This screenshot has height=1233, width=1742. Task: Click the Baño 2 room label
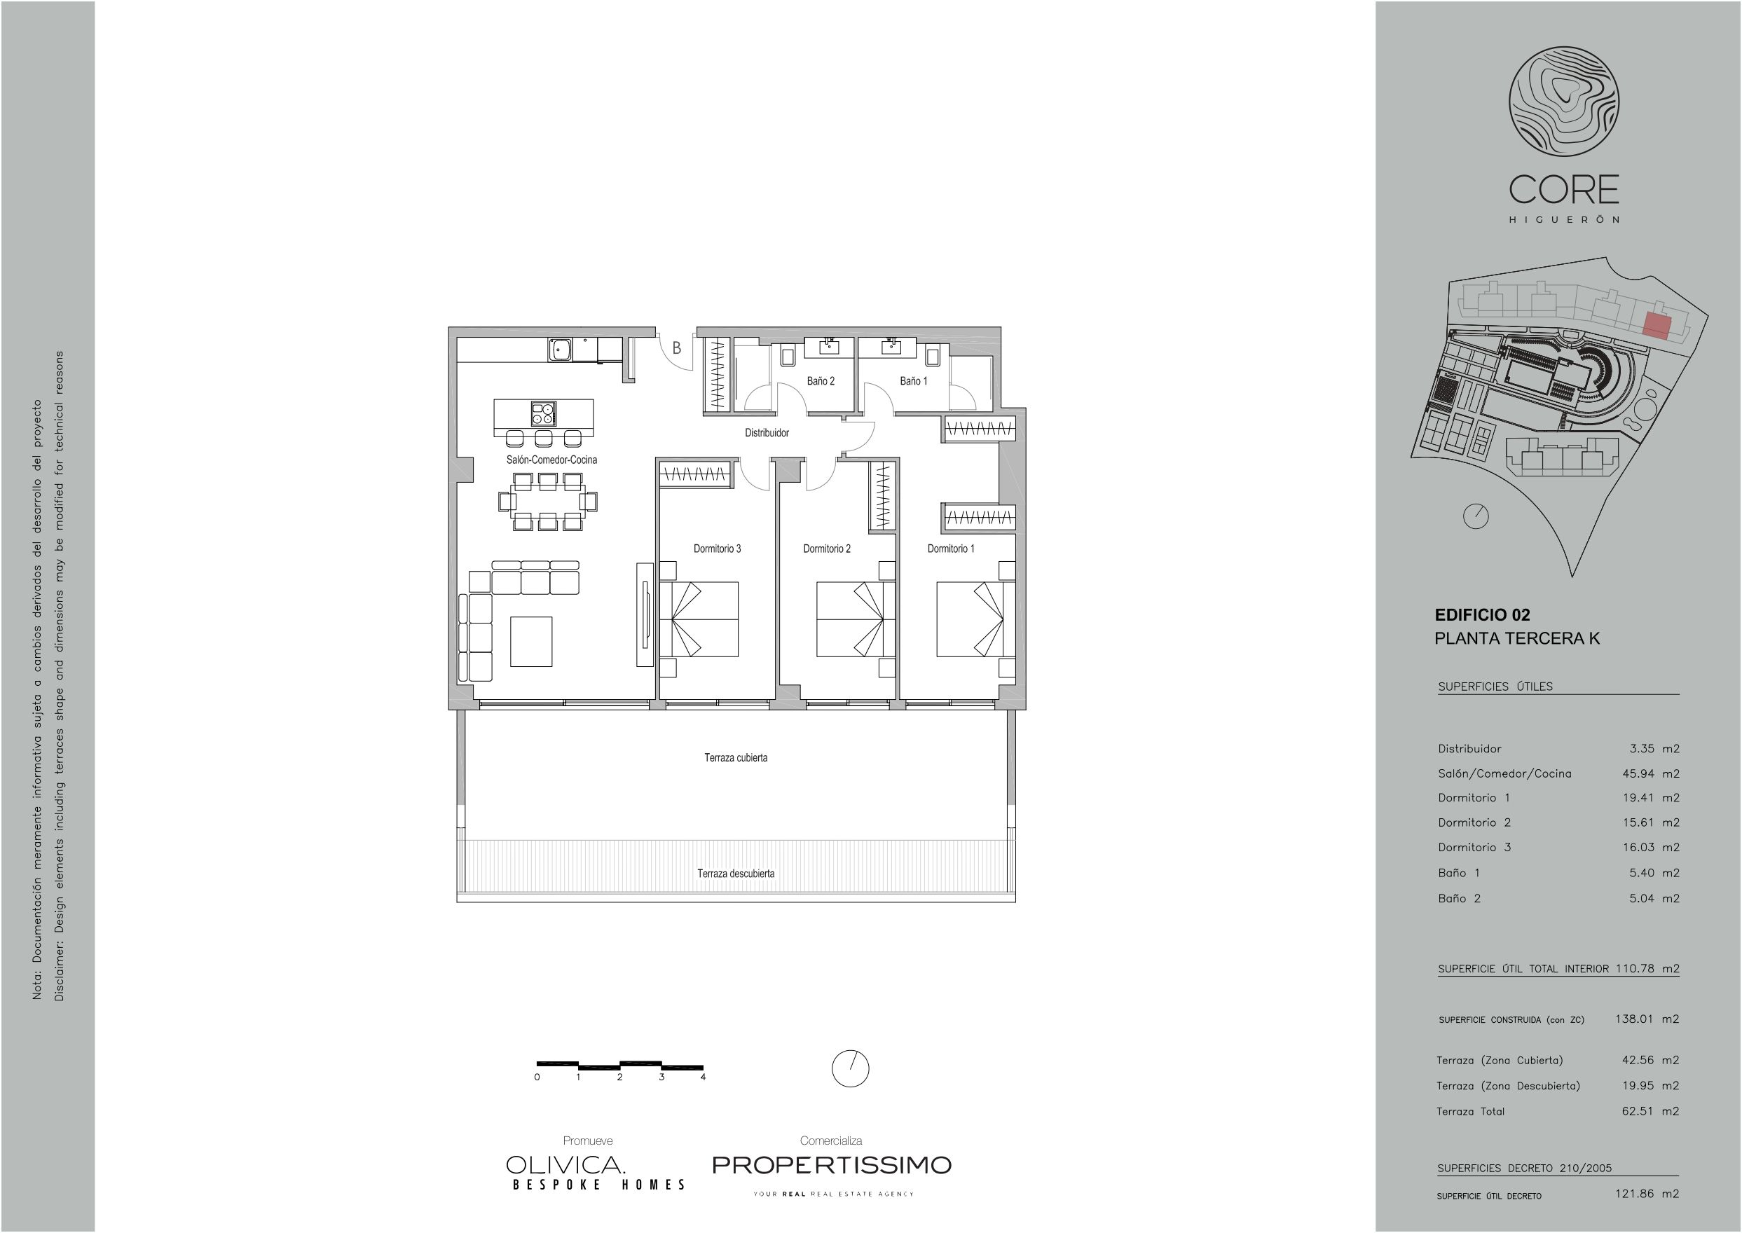pyautogui.click(x=820, y=381)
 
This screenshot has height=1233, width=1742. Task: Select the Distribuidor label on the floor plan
pyautogui.click(x=766, y=433)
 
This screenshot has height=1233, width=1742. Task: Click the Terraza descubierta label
pyautogui.click(x=736, y=873)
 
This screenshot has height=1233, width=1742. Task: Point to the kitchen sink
pyautogui.click(x=561, y=350)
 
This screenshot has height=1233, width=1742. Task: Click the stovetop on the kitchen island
pyautogui.click(x=543, y=414)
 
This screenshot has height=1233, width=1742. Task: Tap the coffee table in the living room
pyautogui.click(x=531, y=642)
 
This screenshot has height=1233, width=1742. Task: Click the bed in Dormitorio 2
pyautogui.click(x=851, y=619)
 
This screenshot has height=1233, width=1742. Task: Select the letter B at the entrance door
pyautogui.click(x=677, y=348)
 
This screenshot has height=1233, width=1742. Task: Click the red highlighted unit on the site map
pyautogui.click(x=1657, y=326)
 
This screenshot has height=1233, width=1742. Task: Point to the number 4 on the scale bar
pyautogui.click(x=704, y=1077)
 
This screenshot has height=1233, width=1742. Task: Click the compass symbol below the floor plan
pyautogui.click(x=850, y=1069)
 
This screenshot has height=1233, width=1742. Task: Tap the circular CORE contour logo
pyautogui.click(x=1563, y=102)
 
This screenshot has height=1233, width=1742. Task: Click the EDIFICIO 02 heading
pyautogui.click(x=1482, y=615)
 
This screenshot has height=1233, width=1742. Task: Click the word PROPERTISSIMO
pyautogui.click(x=832, y=1164)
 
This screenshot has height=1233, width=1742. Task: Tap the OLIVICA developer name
pyautogui.click(x=565, y=1164)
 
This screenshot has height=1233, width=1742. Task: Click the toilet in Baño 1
pyautogui.click(x=933, y=354)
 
